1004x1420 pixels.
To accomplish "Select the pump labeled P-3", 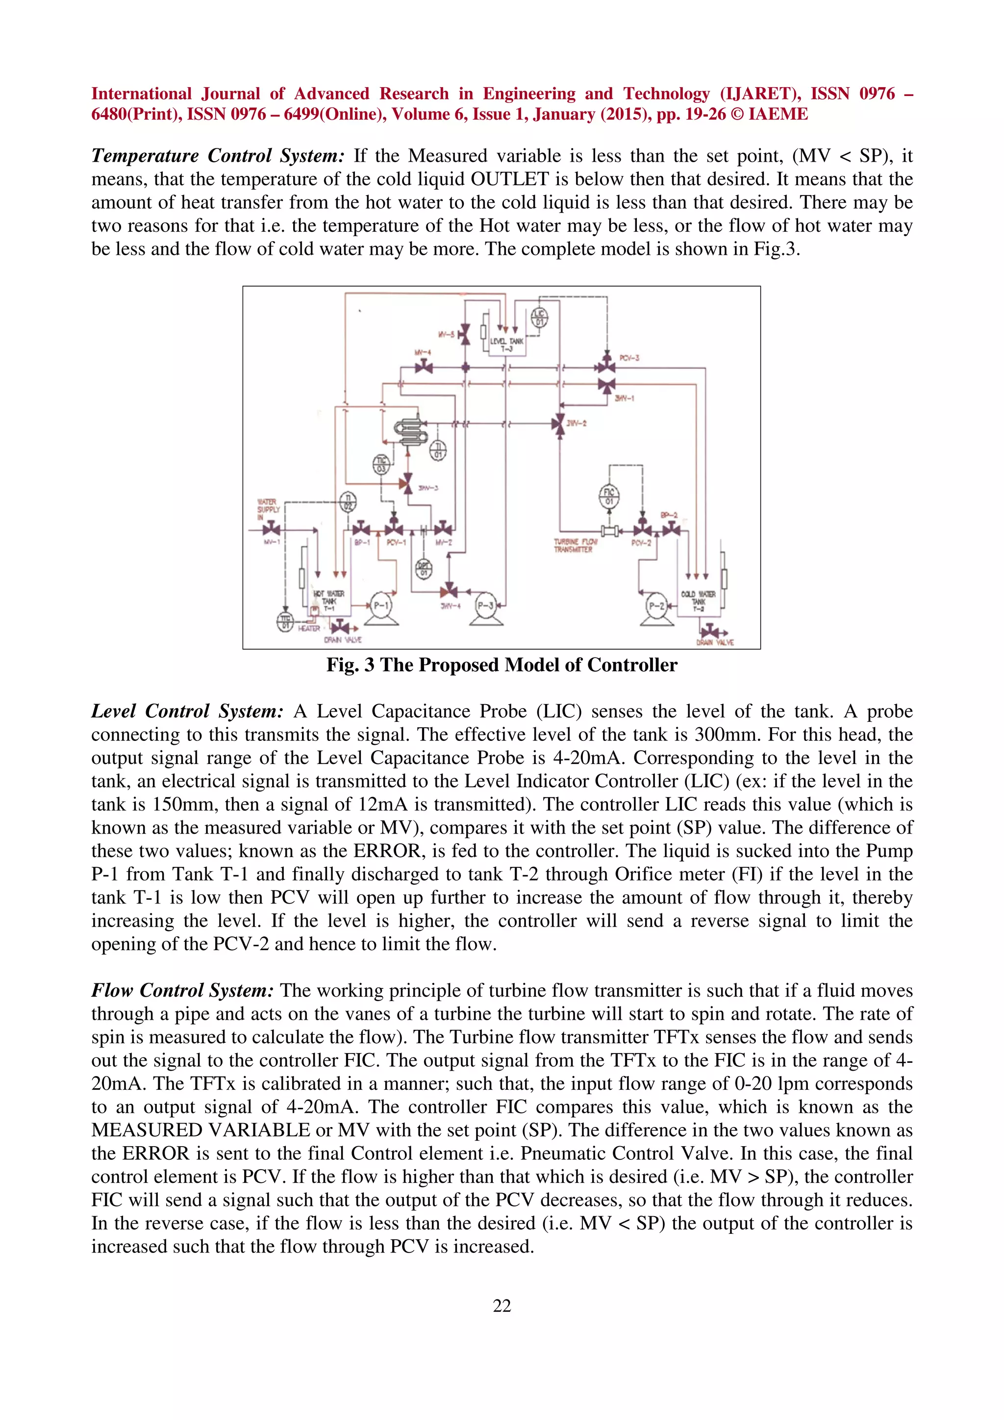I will pyautogui.click(x=486, y=606).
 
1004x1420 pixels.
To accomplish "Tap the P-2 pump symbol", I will pyautogui.click(x=656, y=606).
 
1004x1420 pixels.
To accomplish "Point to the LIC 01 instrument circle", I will pyautogui.click(x=539, y=318).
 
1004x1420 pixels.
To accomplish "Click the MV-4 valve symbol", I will pyautogui.click(x=424, y=367).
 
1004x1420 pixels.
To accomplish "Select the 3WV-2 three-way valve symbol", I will pyautogui.click(x=558, y=424).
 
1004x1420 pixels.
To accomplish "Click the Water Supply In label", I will pyautogui.click(x=269, y=509).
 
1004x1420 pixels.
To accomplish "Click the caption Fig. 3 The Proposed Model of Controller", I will pyautogui.click(x=502, y=665).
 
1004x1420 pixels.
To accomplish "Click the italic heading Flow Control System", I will pyautogui.click(x=182, y=990).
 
